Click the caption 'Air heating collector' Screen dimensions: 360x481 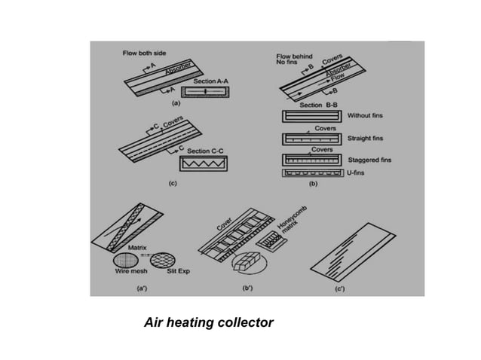(x=208, y=324)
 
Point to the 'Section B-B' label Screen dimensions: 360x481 (x=317, y=105)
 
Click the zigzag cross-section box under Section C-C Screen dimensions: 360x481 (x=202, y=164)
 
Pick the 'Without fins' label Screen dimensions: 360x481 (x=366, y=117)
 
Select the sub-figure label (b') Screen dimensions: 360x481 (x=246, y=287)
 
